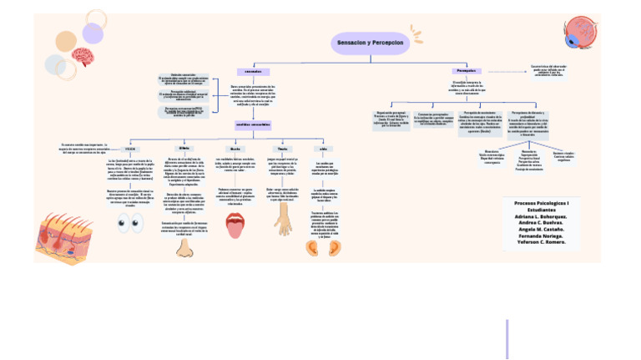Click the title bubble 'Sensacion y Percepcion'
[x=370, y=42]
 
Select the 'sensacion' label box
[x=253, y=72]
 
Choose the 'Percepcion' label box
[x=467, y=71]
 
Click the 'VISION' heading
[x=131, y=149]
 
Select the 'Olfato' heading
[x=184, y=148]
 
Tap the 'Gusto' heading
[x=235, y=149]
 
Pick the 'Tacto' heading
[x=282, y=149]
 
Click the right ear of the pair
[x=335, y=246]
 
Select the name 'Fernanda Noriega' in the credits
[x=542, y=235]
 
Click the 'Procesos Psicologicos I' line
[x=542, y=204]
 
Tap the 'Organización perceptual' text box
[x=391, y=119]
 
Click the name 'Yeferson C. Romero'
[x=542, y=241]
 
